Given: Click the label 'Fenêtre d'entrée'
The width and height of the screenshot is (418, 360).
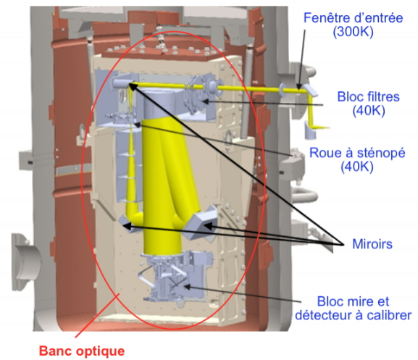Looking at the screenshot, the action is [x=353, y=18].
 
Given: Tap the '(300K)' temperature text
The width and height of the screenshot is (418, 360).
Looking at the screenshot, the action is [x=353, y=32].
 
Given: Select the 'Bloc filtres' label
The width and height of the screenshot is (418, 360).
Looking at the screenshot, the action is [x=369, y=96].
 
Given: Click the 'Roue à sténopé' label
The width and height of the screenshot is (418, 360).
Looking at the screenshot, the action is [x=357, y=154].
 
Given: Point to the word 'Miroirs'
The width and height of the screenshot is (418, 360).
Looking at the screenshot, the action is [x=372, y=244].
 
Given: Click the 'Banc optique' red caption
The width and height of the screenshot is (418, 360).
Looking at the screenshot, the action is [x=82, y=351].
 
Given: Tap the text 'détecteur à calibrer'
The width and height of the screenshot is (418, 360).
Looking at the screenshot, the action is [x=354, y=315].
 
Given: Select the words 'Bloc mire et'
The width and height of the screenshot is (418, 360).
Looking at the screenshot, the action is [x=353, y=301].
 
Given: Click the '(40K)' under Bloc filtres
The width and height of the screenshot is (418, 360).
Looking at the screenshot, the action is [x=369, y=110].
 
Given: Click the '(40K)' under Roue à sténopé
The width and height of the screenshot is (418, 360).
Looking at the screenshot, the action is [x=357, y=167].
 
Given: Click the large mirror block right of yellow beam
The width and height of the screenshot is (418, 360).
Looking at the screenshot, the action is [x=201, y=223].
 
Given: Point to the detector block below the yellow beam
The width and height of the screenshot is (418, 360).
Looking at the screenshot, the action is [x=176, y=277].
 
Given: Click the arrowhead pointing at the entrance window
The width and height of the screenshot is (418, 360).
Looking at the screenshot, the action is [x=299, y=86].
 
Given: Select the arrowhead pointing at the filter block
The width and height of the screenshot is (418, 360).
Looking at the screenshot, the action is [x=205, y=101].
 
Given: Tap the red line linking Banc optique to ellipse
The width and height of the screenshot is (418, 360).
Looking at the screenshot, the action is [x=97, y=316].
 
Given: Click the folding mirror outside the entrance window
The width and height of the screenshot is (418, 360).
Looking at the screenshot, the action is [x=311, y=90].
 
